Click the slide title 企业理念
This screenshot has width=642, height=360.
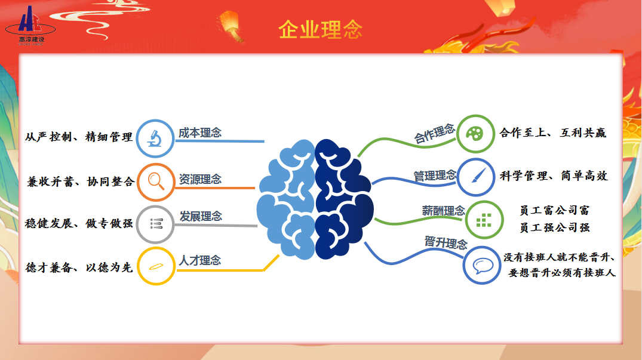click(x=321, y=29)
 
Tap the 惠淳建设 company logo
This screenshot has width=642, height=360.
click(x=30, y=25)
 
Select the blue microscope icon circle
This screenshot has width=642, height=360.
click(x=155, y=139)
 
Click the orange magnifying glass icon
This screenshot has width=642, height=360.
click(x=156, y=182)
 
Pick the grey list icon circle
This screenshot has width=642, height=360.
click(x=156, y=224)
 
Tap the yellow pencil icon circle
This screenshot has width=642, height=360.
click(x=156, y=266)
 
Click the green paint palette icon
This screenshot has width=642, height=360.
click(x=475, y=134)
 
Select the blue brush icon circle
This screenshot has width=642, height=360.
click(x=475, y=177)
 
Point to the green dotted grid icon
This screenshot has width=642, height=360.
click(x=484, y=220)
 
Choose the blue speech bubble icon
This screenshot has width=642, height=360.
click(x=483, y=265)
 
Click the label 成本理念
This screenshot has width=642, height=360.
click(x=200, y=133)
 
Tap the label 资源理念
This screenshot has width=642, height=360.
click(x=200, y=179)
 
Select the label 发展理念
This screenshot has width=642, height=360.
click(x=201, y=216)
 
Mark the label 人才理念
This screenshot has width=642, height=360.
click(x=200, y=260)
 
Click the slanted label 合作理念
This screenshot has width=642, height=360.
click(x=434, y=133)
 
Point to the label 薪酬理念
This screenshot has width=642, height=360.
click(x=443, y=211)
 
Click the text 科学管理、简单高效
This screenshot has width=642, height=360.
click(x=554, y=176)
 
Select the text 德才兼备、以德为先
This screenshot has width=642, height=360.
click(x=79, y=267)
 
